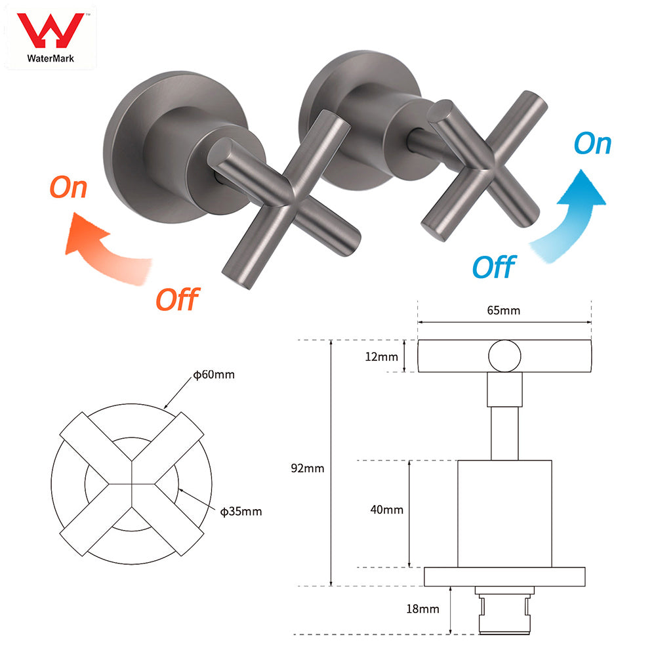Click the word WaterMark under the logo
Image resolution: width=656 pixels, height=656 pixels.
tap(51, 58)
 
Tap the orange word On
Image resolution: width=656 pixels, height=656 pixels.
tap(68, 187)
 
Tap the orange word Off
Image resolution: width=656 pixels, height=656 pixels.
tap(176, 299)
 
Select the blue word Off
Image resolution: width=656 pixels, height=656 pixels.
tap(493, 267)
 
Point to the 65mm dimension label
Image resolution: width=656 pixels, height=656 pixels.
tap(504, 310)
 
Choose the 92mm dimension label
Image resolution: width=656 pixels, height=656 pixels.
tap(309, 468)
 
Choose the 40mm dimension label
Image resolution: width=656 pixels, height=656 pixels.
tap(388, 509)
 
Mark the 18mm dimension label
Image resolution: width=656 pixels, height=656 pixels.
tap(423, 609)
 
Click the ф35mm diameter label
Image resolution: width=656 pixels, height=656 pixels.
tap(241, 511)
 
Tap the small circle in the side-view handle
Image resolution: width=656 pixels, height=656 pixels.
tap(504, 356)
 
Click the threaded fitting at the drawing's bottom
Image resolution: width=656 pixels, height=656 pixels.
tap(504, 613)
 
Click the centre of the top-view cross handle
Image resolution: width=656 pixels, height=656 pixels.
tap(133, 484)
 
